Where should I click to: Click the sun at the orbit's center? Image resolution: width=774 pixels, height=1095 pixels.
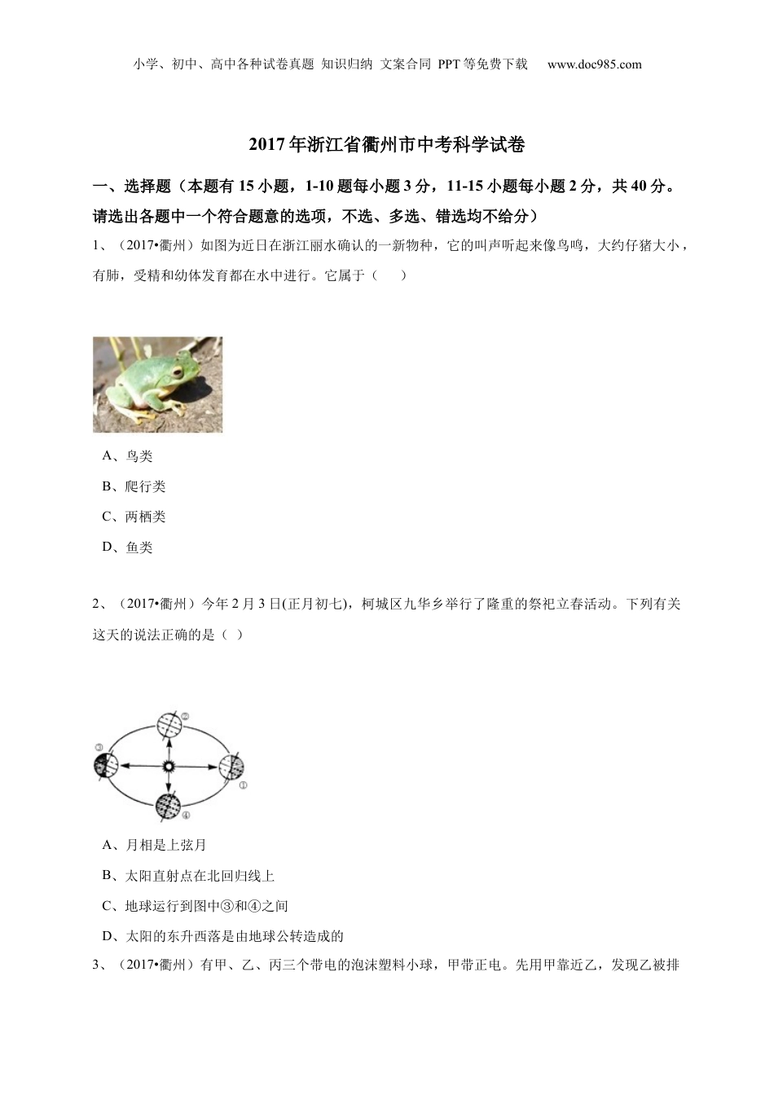tap(169, 767)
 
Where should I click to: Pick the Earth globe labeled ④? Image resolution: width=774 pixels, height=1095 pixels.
tap(168, 805)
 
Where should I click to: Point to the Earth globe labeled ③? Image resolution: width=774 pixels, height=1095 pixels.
tap(106, 766)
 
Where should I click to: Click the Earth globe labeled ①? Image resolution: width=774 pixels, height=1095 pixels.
tap(231, 767)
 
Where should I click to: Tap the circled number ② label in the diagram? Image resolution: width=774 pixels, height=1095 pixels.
tap(185, 716)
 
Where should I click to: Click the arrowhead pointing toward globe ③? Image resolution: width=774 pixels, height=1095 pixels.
tap(123, 766)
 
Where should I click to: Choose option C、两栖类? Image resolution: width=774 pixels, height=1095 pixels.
tap(134, 517)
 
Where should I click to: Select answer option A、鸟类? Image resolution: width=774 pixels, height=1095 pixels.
tap(128, 456)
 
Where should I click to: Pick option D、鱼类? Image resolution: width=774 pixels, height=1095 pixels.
tap(128, 547)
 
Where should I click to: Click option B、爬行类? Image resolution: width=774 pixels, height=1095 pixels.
tap(134, 486)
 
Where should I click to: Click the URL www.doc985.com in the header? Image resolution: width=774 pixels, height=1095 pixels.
tap(595, 64)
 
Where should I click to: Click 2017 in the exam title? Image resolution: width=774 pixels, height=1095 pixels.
tap(264, 145)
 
